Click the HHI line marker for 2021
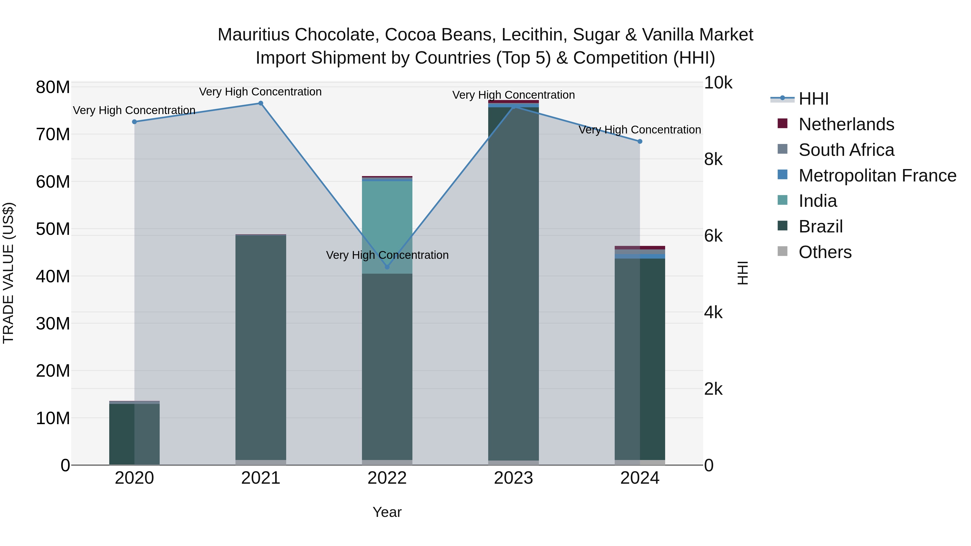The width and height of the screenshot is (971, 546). tap(261, 103)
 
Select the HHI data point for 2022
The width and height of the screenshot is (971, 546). tap(387, 267)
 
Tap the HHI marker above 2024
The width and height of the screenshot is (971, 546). tap(640, 141)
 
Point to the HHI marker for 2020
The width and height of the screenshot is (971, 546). tap(134, 122)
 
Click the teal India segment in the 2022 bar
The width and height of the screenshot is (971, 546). tap(387, 226)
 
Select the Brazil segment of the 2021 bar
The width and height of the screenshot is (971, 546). tap(261, 347)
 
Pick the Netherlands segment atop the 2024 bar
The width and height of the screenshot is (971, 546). tap(640, 248)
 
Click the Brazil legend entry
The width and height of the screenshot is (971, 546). tap(820, 226)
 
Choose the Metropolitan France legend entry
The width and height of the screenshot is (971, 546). tap(877, 176)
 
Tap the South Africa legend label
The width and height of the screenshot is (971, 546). tap(846, 150)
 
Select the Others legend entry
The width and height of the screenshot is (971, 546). tap(825, 252)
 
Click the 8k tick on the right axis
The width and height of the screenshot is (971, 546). tap(713, 159)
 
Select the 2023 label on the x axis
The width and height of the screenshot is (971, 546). tap(513, 478)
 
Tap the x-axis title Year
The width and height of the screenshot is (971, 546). tap(387, 512)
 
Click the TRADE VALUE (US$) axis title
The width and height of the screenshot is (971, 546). tap(8, 273)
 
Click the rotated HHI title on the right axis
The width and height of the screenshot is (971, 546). tap(742, 273)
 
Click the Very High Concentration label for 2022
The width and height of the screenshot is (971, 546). tap(387, 255)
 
